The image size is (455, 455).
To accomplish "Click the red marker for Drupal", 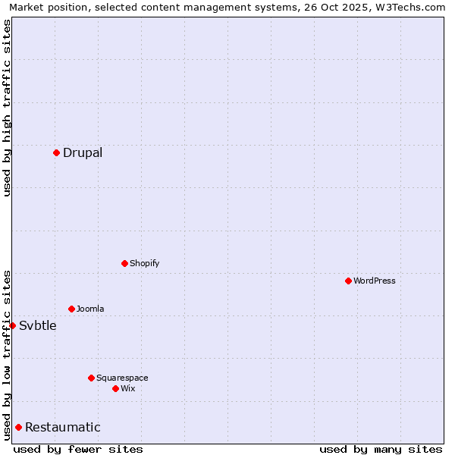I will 56,152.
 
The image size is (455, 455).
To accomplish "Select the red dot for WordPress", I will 348,281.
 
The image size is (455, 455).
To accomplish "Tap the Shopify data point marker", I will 124,263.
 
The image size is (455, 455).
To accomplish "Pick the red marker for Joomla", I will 71,309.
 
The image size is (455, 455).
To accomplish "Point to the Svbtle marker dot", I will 12,325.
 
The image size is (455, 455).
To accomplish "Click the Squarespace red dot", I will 91,378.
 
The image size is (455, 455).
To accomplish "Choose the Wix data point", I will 115,388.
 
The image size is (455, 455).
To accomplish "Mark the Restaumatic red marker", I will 18,427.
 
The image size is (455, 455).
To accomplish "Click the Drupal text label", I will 83,152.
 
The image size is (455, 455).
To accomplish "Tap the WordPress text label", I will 375,281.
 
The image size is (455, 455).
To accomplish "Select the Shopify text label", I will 144,263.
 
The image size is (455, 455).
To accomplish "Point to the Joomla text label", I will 90,309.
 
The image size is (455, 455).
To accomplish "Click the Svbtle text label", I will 38,325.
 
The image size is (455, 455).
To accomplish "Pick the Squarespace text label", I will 122,378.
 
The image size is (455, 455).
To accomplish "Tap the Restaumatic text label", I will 63,427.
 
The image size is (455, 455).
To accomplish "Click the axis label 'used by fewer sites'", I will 78,449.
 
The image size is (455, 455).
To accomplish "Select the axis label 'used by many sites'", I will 381,449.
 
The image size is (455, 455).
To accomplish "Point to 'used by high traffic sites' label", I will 7,108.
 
